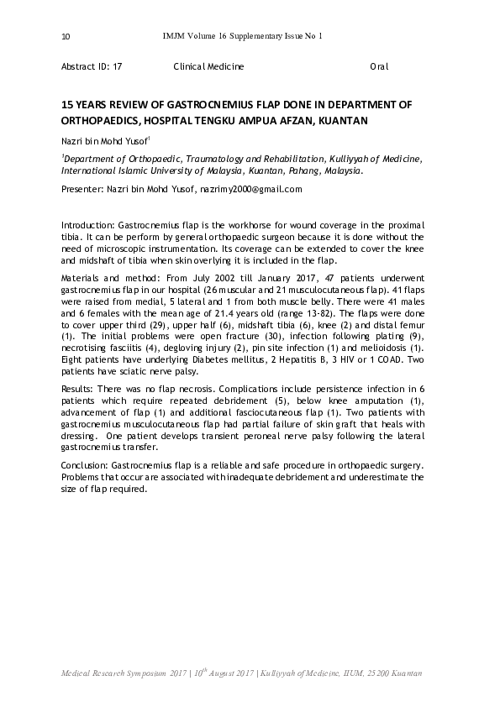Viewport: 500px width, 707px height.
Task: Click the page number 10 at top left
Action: point(66,37)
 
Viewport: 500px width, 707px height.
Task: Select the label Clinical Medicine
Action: point(208,65)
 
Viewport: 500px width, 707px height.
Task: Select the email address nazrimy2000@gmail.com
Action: point(250,190)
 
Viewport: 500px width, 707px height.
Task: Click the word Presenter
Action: point(82,190)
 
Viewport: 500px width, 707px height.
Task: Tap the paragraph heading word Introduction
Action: point(87,226)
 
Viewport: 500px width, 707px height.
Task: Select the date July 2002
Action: point(194,275)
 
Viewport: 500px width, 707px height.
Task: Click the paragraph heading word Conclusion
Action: point(85,463)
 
